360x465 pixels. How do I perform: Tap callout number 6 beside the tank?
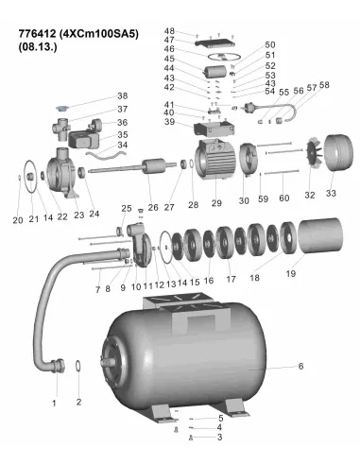coord(301,366)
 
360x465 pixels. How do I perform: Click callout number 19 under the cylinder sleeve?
coord(290,273)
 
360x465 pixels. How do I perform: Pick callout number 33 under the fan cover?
coord(330,194)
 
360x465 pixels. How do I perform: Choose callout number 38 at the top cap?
coord(122,96)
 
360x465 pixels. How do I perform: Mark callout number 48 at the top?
coord(170,31)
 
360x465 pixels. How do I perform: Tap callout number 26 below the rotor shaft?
coord(152,206)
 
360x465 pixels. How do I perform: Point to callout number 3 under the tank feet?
coord(219,438)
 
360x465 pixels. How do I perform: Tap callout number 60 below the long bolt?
coord(283,200)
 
